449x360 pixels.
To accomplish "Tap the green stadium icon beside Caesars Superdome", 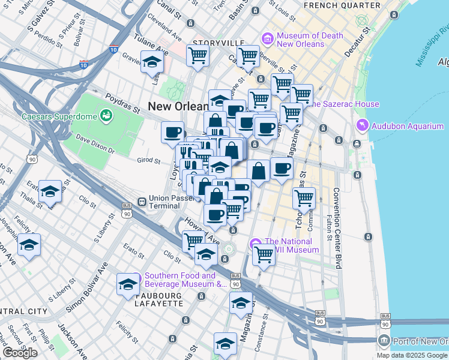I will pyautogui.click(x=106, y=115).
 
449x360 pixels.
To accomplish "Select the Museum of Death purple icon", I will pyautogui.click(x=267, y=39).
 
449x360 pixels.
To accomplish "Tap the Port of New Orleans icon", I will pyautogui.click(x=384, y=341).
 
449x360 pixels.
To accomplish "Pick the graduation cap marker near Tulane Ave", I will pyautogui.click(x=152, y=61).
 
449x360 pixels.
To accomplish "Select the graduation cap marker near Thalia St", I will pyautogui.click(x=50, y=191).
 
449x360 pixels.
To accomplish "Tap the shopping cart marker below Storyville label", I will pyautogui.click(x=198, y=56).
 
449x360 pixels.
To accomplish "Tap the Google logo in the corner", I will pyautogui.click(x=20, y=353).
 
